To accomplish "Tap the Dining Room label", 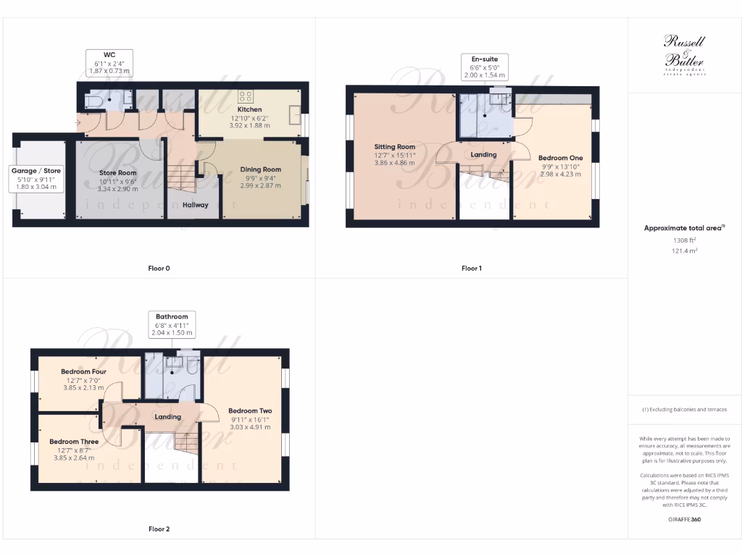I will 260,169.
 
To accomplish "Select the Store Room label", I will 117,173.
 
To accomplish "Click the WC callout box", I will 109,62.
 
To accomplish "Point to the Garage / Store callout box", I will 36,178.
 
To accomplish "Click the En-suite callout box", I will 484,67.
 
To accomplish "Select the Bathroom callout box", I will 172,324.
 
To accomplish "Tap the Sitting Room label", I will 394,146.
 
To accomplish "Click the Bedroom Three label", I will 74,442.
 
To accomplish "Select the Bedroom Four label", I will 84,371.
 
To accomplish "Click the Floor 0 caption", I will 159,269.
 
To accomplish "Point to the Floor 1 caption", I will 471,269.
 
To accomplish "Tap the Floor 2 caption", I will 159,529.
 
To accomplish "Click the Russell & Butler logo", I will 684,55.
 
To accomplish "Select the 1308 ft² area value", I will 684,240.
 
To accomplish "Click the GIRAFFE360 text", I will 684,519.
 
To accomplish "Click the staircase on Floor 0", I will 182,177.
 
